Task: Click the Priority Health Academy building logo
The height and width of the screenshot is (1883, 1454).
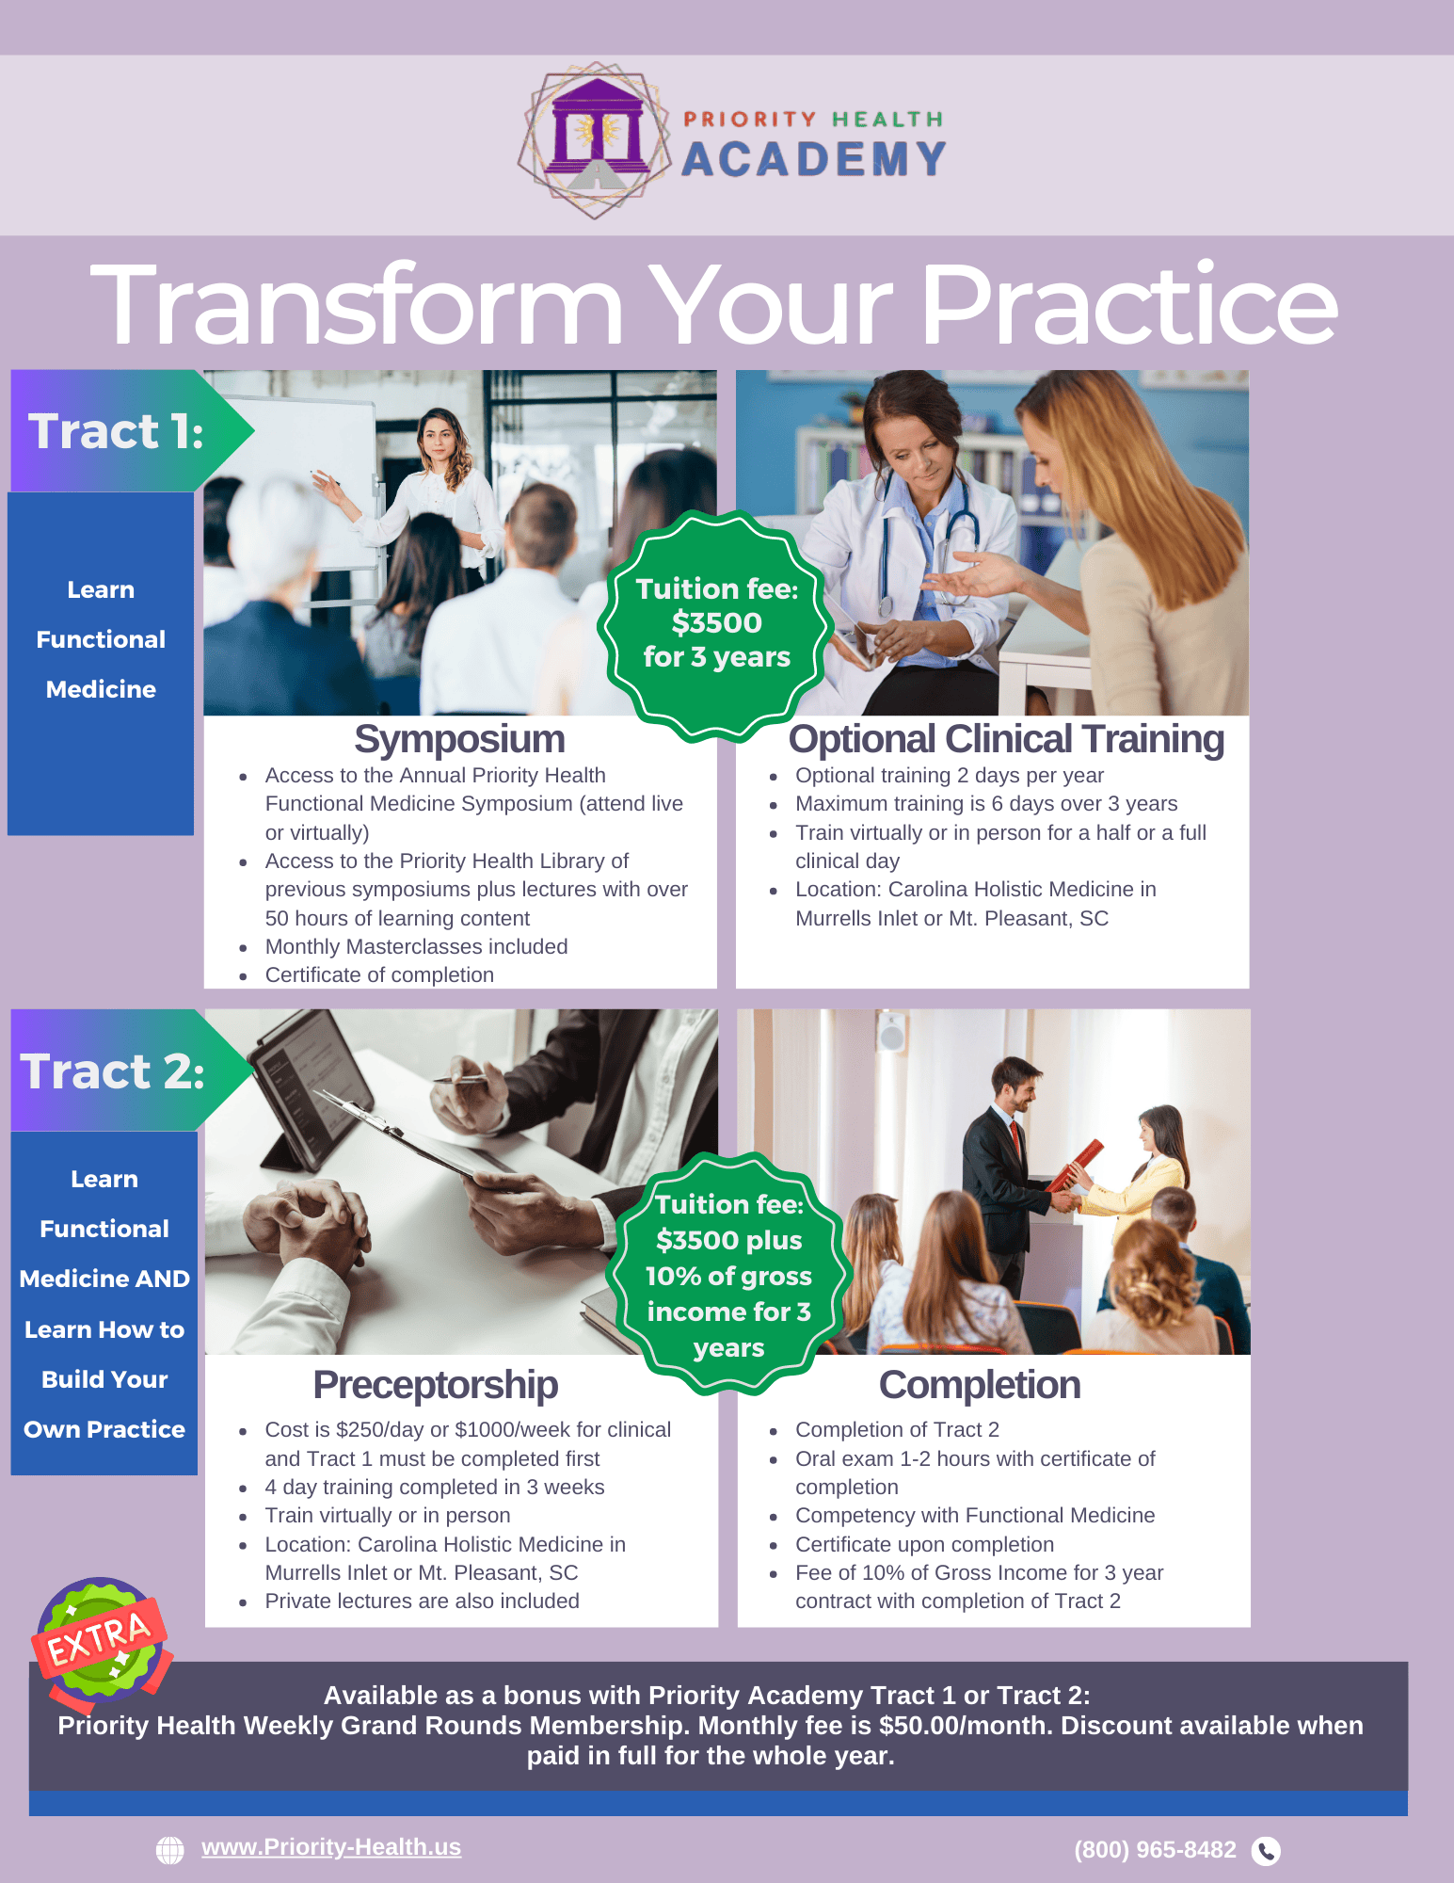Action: click(x=595, y=140)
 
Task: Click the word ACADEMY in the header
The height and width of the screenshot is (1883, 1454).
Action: click(x=814, y=159)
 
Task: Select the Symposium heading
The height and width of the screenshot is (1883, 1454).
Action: click(x=459, y=739)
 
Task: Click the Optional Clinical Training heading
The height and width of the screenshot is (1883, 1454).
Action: click(x=1006, y=739)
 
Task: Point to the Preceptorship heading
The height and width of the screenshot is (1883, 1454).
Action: click(x=436, y=1385)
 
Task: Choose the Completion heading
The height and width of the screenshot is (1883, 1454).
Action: click(x=980, y=1385)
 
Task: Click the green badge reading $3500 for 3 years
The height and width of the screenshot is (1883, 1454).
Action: click(x=716, y=624)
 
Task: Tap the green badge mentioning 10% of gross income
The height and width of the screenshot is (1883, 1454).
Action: click(x=728, y=1274)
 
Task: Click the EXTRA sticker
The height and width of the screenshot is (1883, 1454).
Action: click(x=101, y=1643)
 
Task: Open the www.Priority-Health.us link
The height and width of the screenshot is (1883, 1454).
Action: click(x=331, y=1847)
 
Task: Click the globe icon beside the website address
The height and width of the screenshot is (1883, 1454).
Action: click(x=170, y=1850)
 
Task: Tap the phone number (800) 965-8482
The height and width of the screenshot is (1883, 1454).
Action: click(x=1155, y=1850)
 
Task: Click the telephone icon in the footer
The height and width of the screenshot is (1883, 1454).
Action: click(x=1267, y=1851)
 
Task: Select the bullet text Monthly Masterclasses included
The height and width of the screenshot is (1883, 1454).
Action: click(x=416, y=946)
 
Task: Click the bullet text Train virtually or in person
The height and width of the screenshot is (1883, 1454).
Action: click(x=388, y=1515)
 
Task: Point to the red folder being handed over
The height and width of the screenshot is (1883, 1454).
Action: click(x=1076, y=1166)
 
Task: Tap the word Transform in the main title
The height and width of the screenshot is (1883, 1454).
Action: click(x=357, y=304)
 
